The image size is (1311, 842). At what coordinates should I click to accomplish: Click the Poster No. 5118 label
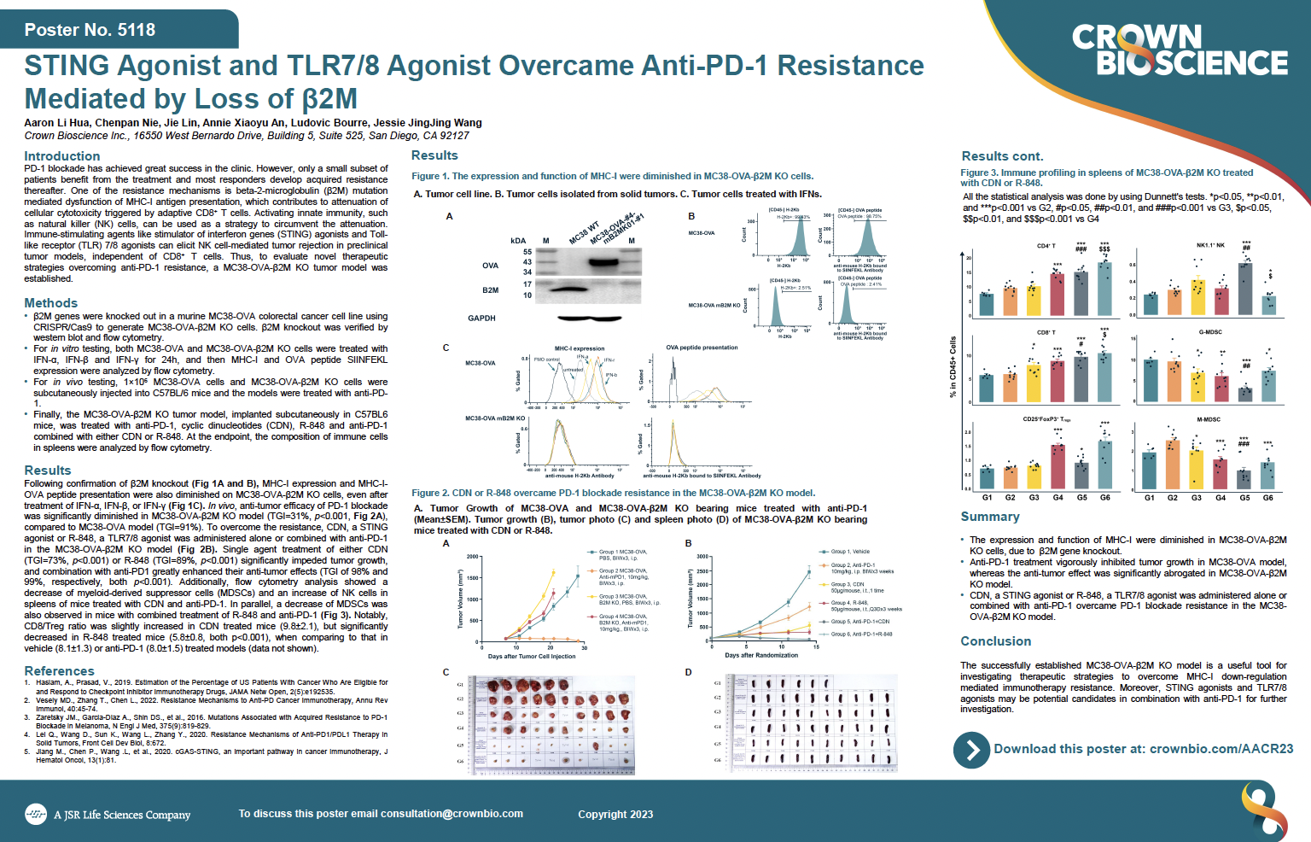[90, 30]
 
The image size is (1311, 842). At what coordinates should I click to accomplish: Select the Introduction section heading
[62, 156]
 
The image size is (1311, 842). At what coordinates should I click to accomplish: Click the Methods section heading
[51, 303]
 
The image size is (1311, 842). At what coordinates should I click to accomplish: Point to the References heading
[60, 671]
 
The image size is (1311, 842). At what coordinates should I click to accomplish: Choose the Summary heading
[990, 517]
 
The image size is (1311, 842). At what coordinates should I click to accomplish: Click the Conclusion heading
[996, 641]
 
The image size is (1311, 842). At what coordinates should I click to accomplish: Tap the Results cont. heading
[1002, 156]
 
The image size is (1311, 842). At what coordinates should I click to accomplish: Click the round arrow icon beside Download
[971, 750]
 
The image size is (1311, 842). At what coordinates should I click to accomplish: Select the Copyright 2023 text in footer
[615, 815]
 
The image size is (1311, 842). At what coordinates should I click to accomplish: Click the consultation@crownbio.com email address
[452, 814]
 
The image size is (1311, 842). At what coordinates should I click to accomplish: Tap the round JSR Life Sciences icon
[36, 815]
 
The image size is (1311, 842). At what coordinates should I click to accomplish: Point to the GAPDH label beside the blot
[481, 319]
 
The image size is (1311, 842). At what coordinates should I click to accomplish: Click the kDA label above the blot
[518, 241]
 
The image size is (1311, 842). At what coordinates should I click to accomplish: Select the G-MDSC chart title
[1209, 332]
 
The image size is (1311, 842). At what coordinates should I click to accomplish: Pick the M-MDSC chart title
[1209, 419]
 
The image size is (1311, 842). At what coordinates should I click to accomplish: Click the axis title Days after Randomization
[761, 656]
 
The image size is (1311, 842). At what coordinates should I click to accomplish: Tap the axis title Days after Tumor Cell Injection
[532, 657]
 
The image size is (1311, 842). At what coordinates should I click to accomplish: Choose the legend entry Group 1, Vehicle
[850, 552]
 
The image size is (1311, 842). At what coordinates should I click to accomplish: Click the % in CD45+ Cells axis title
[953, 367]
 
